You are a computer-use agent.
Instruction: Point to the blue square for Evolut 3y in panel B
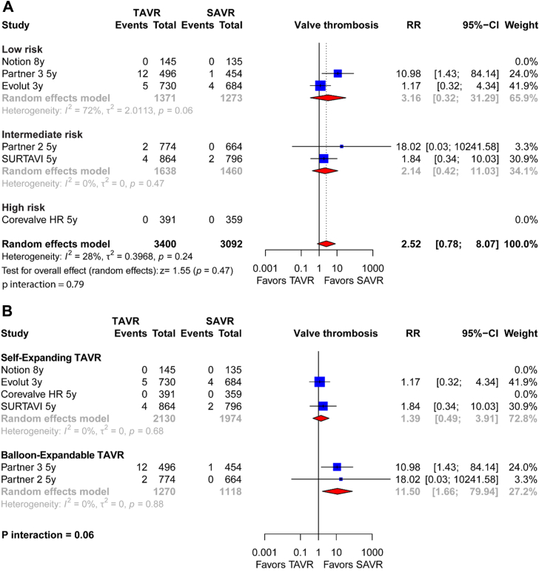320,382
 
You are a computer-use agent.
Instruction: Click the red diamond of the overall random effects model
325,244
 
